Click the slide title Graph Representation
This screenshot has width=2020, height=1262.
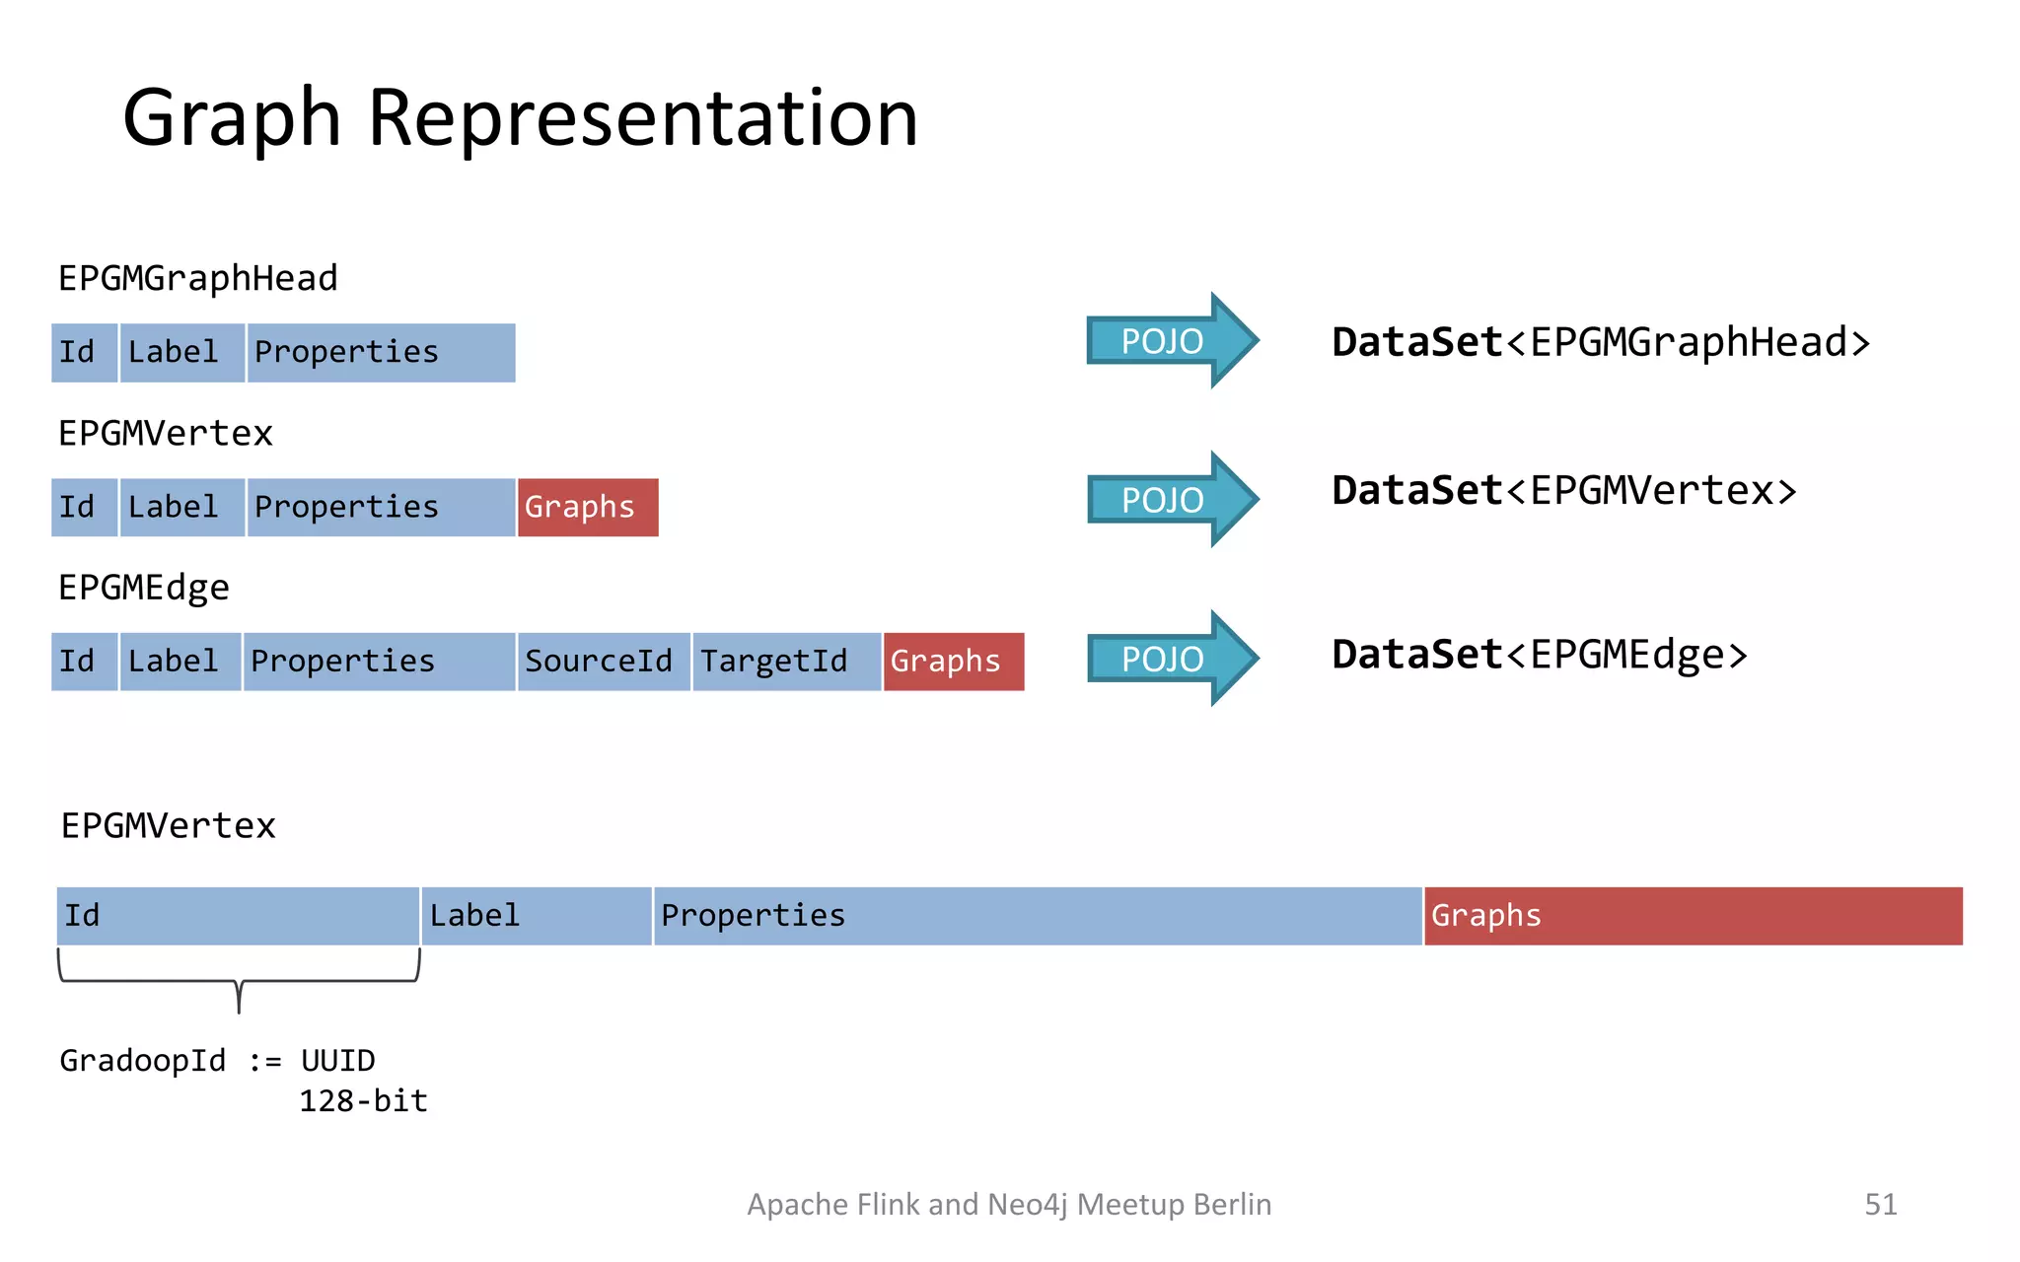520,118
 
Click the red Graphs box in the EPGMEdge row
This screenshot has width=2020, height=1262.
953,662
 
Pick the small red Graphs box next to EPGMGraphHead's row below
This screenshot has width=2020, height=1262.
587,508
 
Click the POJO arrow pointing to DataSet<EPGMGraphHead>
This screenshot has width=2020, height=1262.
1170,341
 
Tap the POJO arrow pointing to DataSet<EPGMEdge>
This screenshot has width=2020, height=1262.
1170,659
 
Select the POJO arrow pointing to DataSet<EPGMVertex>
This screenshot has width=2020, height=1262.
1170,500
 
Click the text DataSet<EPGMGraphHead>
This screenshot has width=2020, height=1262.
1600,343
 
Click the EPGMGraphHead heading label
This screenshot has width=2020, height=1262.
197,279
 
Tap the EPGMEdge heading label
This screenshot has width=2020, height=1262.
144,589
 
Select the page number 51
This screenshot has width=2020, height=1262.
1880,1205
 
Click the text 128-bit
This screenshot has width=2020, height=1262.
363,1101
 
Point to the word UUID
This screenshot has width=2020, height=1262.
337,1061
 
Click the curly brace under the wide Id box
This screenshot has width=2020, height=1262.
239,982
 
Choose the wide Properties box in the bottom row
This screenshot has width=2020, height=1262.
1037,916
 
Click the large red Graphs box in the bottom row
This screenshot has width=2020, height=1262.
1693,916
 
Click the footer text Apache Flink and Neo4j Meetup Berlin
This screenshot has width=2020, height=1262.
1009,1205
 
